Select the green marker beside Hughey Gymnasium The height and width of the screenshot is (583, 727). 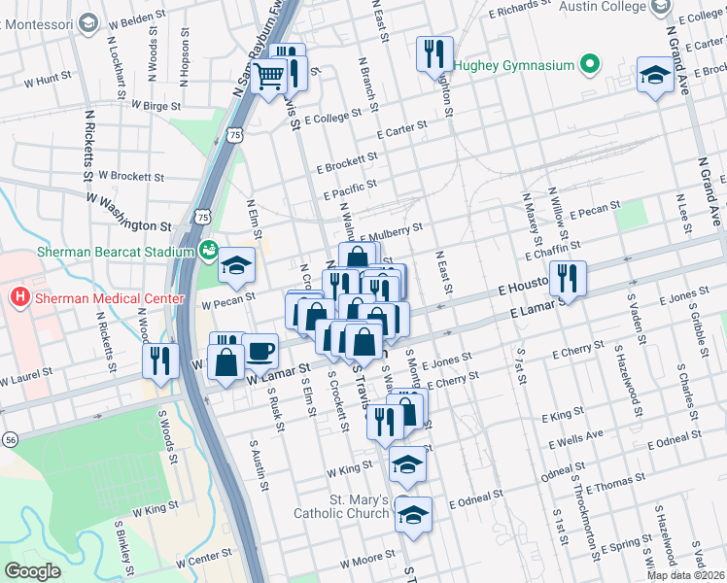point(589,66)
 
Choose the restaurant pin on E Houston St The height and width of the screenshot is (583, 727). point(569,278)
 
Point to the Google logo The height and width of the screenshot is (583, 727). point(32,570)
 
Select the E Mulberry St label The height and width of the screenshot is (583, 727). point(392,233)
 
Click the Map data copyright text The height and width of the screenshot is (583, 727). point(686,575)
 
